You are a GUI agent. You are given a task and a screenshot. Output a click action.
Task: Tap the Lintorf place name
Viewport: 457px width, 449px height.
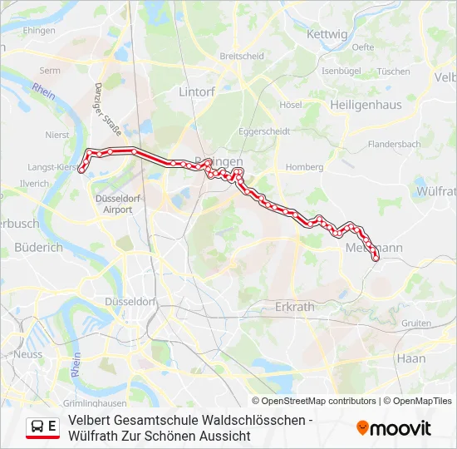coord(197,92)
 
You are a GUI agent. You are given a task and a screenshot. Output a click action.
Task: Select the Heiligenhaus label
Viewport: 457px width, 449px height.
coord(366,105)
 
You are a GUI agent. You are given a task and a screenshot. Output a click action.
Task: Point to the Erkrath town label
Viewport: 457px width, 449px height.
coord(295,306)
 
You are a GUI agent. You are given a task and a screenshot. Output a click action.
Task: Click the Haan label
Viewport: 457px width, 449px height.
coord(411,358)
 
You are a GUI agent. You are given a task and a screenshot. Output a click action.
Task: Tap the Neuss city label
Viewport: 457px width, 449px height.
coord(27,354)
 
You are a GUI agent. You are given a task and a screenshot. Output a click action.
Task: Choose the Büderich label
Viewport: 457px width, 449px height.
coord(38,247)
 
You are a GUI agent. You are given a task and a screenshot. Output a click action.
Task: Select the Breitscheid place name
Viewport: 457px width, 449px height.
coord(242,57)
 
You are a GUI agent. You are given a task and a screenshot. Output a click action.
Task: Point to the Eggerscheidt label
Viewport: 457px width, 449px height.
coord(263,131)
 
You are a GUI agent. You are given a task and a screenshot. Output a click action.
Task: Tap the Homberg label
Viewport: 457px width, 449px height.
coord(304,167)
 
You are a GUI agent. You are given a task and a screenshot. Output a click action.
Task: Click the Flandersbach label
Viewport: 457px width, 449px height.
coord(394,144)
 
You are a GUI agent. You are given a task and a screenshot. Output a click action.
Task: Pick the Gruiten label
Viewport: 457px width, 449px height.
coord(415,323)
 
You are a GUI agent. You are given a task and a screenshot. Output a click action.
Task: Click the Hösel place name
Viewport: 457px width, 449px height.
coord(291,105)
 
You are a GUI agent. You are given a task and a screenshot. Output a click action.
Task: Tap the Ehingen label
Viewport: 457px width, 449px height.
coord(39,31)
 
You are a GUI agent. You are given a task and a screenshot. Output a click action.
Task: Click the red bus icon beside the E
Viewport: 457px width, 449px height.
coord(37,427)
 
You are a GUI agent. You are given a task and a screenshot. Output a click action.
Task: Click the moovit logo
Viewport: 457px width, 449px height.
coord(394,428)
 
